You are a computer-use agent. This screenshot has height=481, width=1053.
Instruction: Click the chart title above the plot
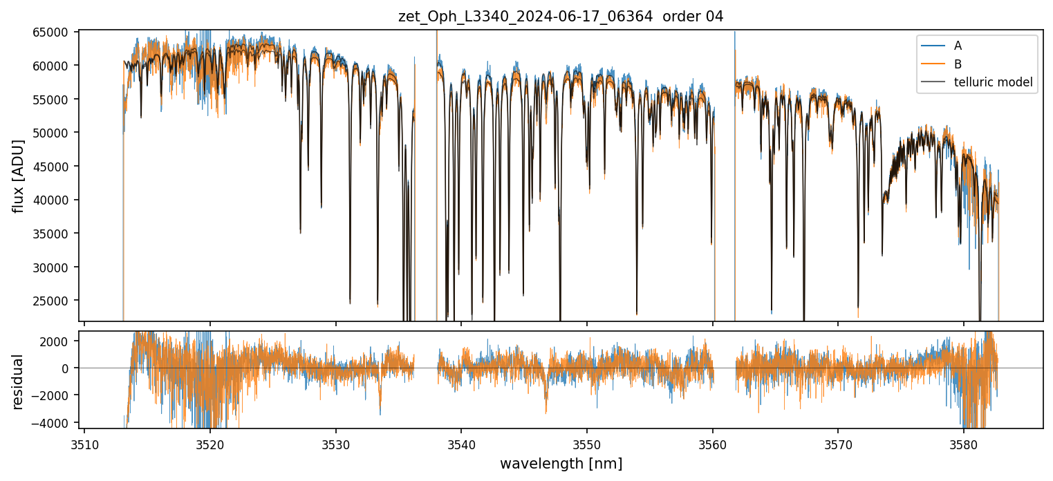(x=561, y=17)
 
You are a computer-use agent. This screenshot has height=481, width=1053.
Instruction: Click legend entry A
(x=958, y=46)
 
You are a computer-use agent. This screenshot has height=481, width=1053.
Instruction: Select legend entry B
(x=958, y=64)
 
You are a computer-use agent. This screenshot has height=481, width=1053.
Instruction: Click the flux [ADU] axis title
(x=19, y=176)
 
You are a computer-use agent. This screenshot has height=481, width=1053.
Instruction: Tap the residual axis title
(x=19, y=381)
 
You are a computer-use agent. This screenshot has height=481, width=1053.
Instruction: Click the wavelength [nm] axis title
(x=561, y=464)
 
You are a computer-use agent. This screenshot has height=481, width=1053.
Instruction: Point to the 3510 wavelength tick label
(x=84, y=443)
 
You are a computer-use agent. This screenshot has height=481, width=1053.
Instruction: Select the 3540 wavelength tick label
(x=461, y=443)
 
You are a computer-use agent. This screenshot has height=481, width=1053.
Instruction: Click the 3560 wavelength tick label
(x=713, y=443)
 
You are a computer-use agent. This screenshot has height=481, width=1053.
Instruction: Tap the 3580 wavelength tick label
(x=964, y=443)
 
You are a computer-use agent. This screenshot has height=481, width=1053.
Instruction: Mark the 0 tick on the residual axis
(x=68, y=368)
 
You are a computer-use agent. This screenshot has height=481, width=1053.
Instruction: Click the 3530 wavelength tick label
(x=335, y=443)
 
